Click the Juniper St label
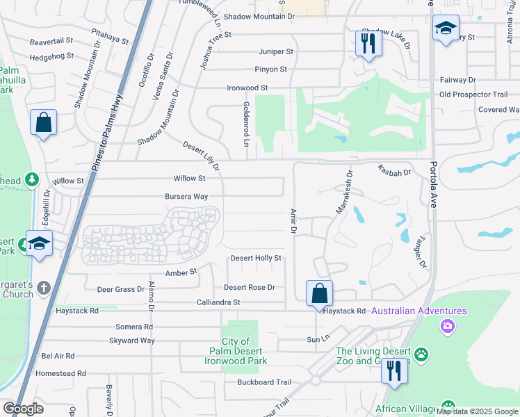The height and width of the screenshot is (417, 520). [275, 51]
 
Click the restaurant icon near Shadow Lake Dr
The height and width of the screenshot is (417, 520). [368, 44]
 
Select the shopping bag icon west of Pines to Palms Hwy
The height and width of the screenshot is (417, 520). [43, 122]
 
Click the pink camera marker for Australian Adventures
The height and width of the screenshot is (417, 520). [447, 325]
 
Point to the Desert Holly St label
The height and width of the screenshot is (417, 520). [256, 259]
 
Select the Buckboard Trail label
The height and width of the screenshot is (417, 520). [263, 382]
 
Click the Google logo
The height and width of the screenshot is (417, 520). [23, 409]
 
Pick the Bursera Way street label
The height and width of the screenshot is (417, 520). [186, 197]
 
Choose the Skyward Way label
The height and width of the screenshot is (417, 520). [132, 341]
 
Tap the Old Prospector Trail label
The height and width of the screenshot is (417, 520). [473, 95]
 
